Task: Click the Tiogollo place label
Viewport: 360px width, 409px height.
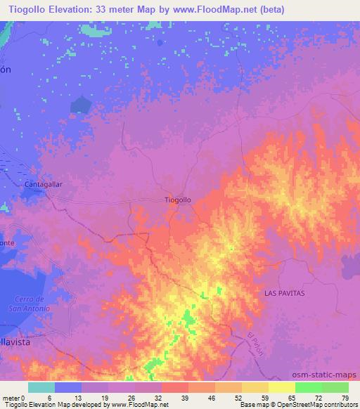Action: click(177, 200)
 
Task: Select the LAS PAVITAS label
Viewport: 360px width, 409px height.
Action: click(284, 292)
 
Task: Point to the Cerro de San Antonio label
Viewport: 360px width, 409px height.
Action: click(29, 304)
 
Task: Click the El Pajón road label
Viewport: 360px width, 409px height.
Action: click(255, 344)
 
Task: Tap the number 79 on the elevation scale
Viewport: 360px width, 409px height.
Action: click(344, 397)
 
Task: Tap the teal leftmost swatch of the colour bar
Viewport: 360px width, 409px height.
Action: click(41, 387)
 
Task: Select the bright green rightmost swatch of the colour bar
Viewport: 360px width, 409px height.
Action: click(335, 387)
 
